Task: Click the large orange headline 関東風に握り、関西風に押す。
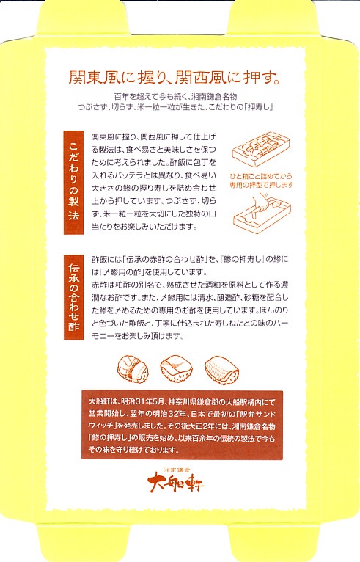pyautogui.click(x=175, y=78)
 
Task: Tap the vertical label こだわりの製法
pyautogui.click(x=73, y=183)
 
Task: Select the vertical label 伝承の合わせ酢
pyautogui.click(x=73, y=297)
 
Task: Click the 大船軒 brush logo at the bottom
pyautogui.click(x=175, y=483)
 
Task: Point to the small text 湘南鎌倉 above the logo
pyautogui.click(x=177, y=469)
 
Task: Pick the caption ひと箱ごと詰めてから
pyautogui.click(x=261, y=176)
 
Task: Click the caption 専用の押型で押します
pyautogui.click(x=261, y=185)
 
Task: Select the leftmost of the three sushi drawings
pyautogui.click(x=133, y=368)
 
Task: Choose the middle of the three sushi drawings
pyautogui.click(x=176, y=368)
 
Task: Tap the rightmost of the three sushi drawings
pyautogui.click(x=221, y=370)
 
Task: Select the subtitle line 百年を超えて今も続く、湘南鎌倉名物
pyautogui.click(x=175, y=96)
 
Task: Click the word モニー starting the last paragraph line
pyautogui.click(x=102, y=336)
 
